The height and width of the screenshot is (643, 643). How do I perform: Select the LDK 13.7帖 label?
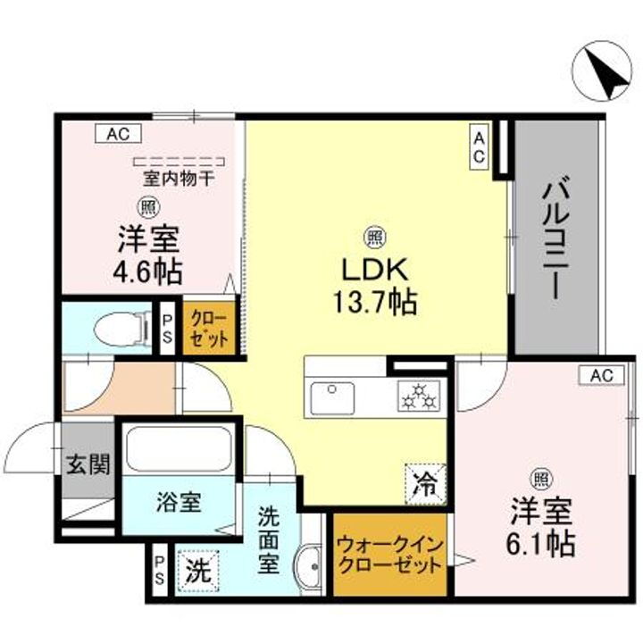point(373,285)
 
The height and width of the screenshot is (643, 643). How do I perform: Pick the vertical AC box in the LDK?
point(480,146)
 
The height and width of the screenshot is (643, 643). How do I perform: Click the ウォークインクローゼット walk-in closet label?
point(388,555)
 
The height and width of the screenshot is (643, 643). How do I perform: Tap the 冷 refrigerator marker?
point(425,486)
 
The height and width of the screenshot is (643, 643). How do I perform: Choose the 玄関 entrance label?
point(87,464)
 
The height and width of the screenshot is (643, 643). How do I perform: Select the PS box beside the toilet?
point(166,328)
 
